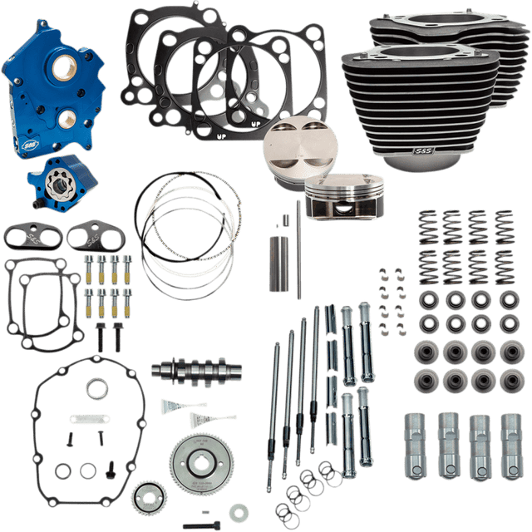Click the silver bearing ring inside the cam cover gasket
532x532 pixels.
click(x=98, y=387)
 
